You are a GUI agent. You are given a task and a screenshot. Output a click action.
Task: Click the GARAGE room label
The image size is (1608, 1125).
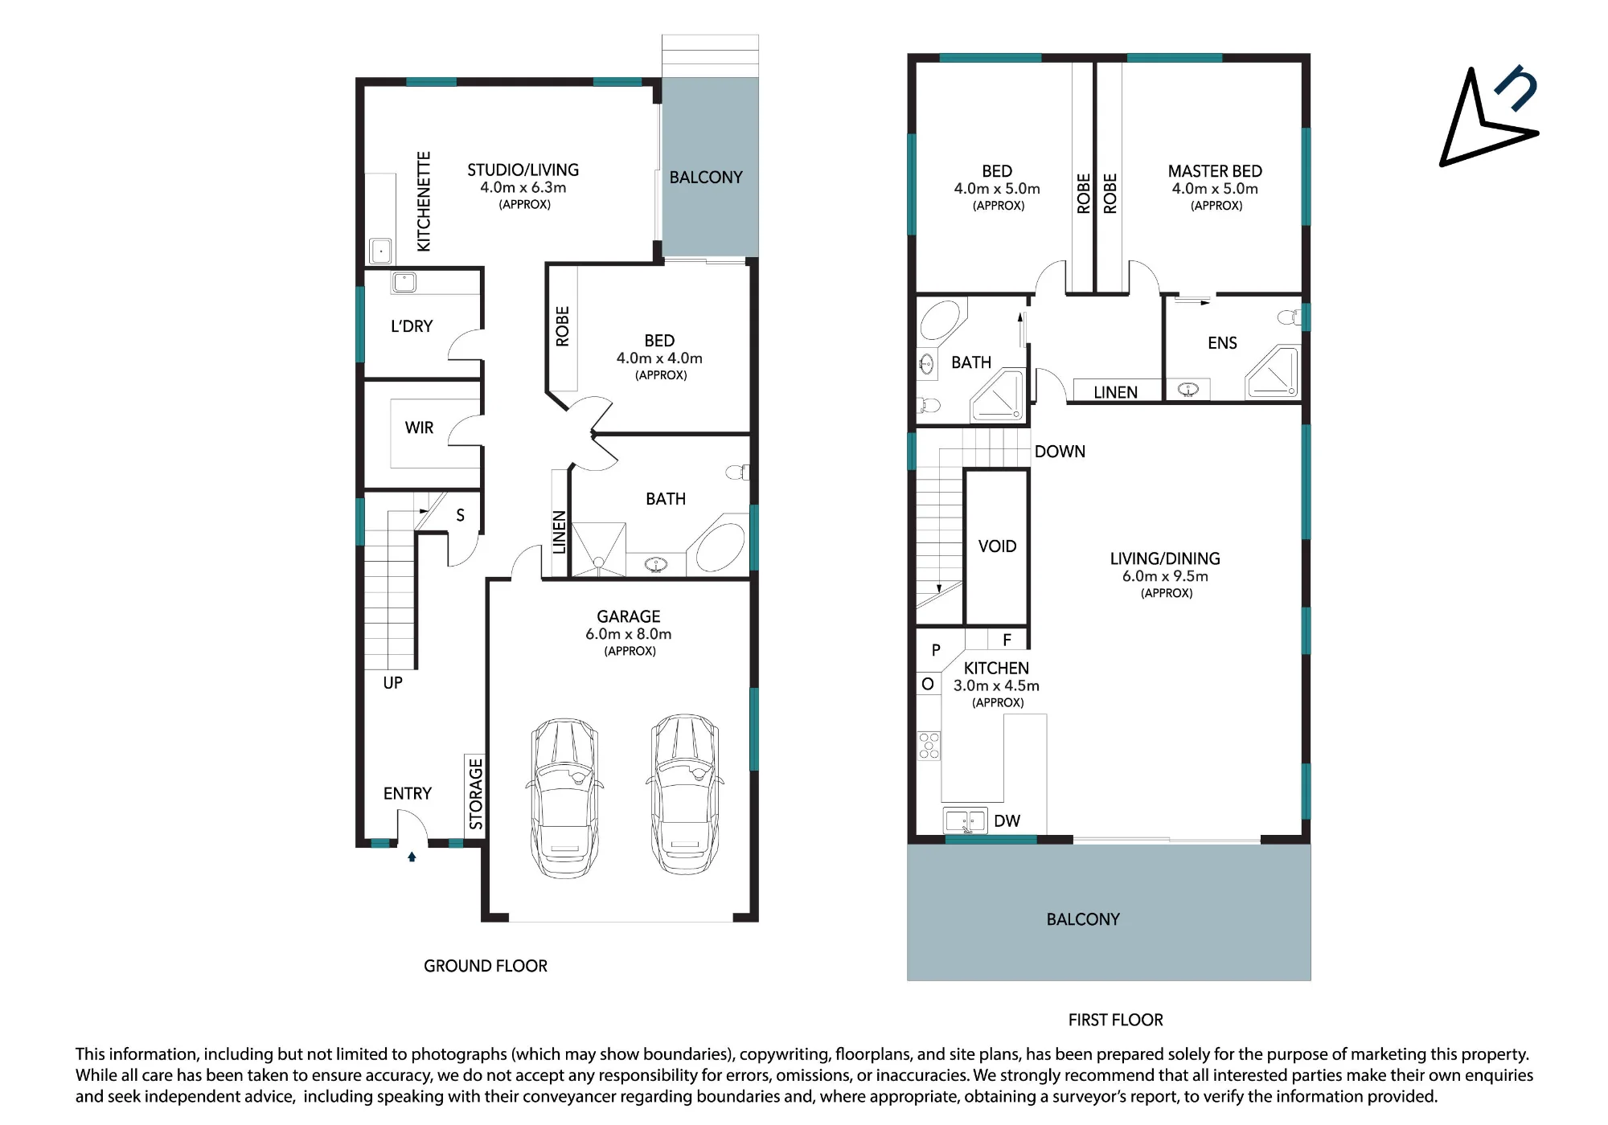629,616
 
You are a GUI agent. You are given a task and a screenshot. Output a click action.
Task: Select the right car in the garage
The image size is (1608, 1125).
685,794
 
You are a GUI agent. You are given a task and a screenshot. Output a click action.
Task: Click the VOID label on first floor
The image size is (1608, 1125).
997,546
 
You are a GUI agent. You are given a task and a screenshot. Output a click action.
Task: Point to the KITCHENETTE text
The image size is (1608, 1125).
424,201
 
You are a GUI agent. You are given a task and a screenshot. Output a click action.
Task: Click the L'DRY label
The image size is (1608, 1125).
412,326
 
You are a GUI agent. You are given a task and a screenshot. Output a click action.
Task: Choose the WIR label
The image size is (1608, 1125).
419,427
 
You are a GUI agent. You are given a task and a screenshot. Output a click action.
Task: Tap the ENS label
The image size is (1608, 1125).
1222,343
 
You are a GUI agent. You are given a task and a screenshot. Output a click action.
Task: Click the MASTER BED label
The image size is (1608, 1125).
1215,171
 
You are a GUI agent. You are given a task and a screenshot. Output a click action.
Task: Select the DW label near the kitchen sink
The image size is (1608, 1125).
1007,820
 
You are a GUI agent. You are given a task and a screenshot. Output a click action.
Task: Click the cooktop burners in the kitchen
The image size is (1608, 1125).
929,746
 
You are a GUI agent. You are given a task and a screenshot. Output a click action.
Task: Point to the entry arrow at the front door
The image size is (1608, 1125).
412,857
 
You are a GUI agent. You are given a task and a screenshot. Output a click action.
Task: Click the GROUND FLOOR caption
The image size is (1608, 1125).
486,966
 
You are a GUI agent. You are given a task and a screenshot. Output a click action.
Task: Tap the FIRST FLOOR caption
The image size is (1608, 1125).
1115,1020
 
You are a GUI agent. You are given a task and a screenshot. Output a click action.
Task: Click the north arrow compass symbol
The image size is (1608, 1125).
1488,116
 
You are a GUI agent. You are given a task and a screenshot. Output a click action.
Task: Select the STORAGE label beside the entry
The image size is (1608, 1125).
476,794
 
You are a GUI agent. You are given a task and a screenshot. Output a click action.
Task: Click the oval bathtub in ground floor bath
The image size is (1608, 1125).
720,547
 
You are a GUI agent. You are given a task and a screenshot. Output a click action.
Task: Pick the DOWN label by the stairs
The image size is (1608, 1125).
1060,452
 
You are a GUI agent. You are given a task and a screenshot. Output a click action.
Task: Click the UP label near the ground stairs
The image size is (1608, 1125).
393,683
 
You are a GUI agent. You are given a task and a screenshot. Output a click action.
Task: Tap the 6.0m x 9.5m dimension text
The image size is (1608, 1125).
1165,576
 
